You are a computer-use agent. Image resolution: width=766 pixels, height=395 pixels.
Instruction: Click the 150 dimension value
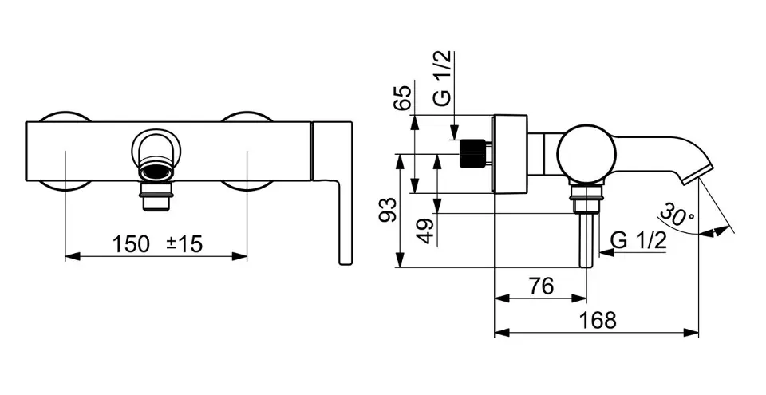(x=130, y=243)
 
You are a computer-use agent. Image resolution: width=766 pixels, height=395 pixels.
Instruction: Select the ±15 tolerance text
(x=184, y=243)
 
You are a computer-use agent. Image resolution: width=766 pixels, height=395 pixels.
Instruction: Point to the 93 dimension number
(x=388, y=210)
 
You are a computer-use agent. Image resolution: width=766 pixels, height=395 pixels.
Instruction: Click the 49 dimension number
(x=426, y=231)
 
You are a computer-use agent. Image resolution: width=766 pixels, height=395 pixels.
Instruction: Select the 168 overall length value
(x=597, y=320)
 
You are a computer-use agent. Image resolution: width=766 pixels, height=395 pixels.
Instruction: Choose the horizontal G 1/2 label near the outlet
(x=638, y=240)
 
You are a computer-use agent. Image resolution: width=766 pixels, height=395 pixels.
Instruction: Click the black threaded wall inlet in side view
(x=472, y=153)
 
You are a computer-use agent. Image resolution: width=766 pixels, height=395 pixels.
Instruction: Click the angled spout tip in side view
(x=689, y=174)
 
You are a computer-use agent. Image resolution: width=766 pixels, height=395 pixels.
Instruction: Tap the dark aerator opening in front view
(x=156, y=172)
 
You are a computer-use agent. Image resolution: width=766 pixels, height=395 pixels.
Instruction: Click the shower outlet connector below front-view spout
(x=156, y=196)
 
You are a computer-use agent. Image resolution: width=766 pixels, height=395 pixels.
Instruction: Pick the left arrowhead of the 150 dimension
(x=73, y=256)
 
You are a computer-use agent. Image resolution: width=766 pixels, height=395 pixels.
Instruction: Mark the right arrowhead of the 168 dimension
(x=692, y=333)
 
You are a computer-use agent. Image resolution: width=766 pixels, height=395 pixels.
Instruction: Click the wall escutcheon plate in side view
(x=511, y=154)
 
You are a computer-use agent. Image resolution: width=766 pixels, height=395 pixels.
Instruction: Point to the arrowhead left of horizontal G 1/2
(x=606, y=252)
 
